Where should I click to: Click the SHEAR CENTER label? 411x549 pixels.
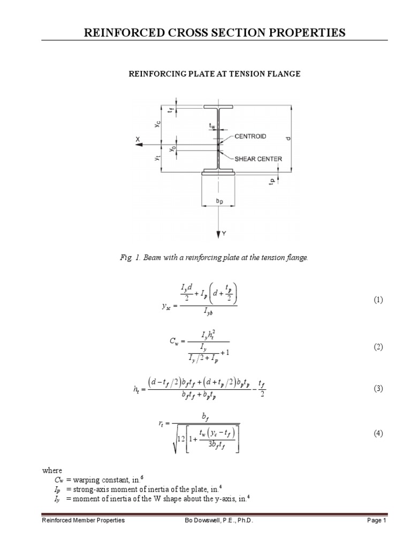click(258, 159)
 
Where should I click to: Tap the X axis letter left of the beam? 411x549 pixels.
click(138, 139)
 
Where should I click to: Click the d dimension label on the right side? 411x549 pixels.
click(289, 138)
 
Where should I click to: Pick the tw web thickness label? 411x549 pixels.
click(213, 127)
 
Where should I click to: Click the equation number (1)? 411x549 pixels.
click(378, 300)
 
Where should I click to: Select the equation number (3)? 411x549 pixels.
click(378, 389)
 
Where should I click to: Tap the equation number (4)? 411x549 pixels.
click(378, 433)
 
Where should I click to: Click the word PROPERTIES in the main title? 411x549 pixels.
click(305, 33)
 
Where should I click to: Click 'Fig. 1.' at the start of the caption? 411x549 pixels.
click(130, 258)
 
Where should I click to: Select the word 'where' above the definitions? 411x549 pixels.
click(52, 470)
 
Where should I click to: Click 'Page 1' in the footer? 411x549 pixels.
click(376, 521)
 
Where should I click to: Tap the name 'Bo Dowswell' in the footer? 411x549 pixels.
click(197, 521)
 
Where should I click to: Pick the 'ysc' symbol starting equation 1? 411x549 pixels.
click(166, 306)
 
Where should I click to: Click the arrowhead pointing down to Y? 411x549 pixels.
click(218, 234)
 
